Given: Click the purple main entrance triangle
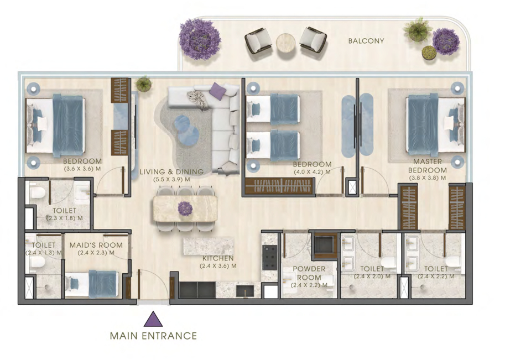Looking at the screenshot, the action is point(153,319).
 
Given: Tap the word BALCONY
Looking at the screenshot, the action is point(366,41).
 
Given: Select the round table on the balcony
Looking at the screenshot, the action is point(285,43).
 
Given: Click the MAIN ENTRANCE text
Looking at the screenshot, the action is point(153,336).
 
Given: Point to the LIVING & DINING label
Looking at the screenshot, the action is point(171,172).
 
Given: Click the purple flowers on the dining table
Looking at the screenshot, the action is point(185,208).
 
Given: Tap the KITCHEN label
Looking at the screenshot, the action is point(218,258).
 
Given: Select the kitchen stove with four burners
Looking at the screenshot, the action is point(269,258).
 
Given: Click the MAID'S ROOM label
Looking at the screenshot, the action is point(96,245).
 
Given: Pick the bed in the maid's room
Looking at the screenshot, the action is point(91,284).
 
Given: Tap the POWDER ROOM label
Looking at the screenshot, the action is point(309,273).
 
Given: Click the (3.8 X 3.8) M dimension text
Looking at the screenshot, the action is point(428,178).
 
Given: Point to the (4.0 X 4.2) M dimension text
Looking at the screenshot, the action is point(312,172).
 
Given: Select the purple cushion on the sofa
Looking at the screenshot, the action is point(218,91).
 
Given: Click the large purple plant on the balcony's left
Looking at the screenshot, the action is point(200,39).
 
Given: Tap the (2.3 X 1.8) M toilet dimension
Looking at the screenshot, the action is point(64,218).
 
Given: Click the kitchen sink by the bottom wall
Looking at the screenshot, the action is point(245,291).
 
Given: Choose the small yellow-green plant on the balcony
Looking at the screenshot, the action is point(429,53).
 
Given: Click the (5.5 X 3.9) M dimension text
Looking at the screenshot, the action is point(171,179).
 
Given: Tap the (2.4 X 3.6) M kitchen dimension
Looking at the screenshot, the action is point(218,266).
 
